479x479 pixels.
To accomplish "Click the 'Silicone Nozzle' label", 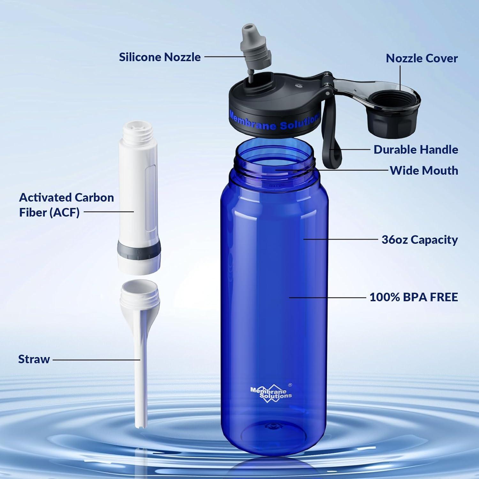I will pos(160,57).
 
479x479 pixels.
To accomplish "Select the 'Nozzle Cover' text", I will pos(422,58).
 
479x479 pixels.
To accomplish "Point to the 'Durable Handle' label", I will pos(416,149).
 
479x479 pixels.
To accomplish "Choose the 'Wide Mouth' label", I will pos(424,171).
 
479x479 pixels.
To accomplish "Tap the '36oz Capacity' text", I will pos(420,240).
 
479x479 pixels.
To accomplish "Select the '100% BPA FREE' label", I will pos(414,297).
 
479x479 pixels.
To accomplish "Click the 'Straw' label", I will pos(34,359).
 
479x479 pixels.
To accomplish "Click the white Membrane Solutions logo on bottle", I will pos(271,393).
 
